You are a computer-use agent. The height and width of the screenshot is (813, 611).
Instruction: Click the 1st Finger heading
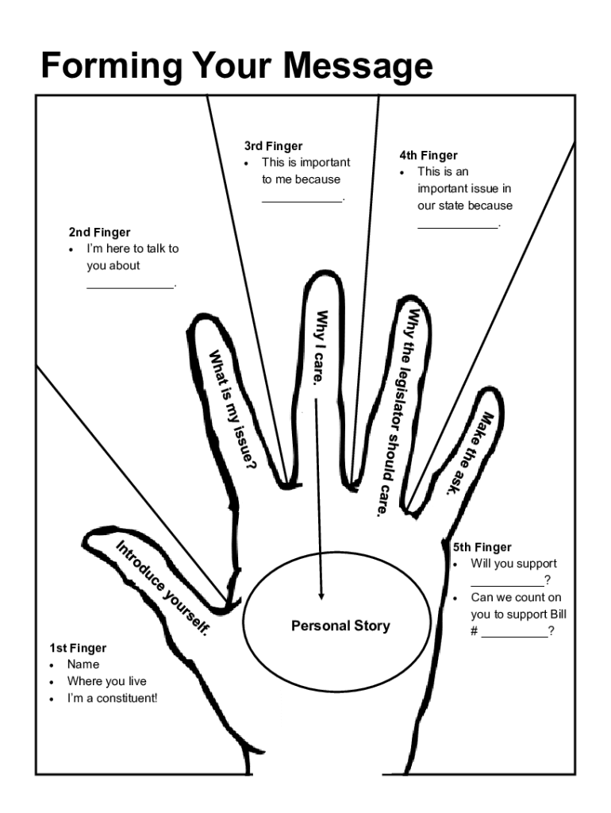[78, 648]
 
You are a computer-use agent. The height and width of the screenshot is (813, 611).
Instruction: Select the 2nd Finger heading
[99, 233]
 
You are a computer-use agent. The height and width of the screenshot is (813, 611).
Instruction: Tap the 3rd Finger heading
[274, 146]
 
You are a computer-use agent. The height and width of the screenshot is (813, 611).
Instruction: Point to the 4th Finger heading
[428, 156]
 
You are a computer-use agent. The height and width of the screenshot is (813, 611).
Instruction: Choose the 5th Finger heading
[482, 547]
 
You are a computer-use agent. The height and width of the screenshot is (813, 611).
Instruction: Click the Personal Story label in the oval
[340, 626]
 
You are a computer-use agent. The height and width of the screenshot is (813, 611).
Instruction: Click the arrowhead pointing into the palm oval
[321, 595]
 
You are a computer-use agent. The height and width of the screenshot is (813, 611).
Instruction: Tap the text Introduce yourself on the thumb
[164, 587]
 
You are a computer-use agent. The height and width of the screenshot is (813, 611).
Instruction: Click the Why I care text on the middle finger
[320, 347]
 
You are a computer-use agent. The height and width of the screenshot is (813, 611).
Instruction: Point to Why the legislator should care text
[397, 413]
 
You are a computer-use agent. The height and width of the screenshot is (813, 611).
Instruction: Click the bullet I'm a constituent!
[112, 699]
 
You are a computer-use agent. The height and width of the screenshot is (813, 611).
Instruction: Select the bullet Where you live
[106, 681]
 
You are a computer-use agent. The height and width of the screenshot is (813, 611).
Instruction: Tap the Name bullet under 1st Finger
[83, 664]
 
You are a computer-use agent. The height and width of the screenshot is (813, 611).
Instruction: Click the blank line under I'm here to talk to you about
[130, 287]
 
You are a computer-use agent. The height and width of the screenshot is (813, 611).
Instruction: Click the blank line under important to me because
[302, 200]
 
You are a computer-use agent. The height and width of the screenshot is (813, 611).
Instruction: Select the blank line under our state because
[458, 227]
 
